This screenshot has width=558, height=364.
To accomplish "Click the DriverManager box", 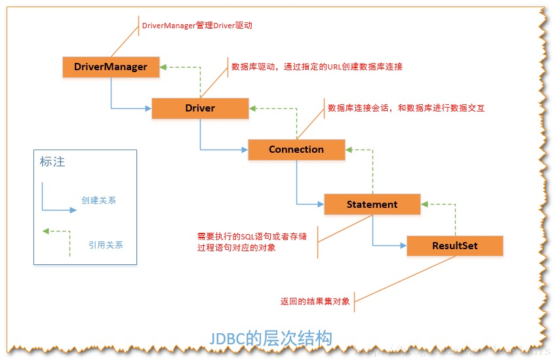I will click(x=111, y=67).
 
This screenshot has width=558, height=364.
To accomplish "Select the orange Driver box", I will click(x=200, y=108).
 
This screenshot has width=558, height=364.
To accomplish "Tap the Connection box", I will click(x=296, y=150).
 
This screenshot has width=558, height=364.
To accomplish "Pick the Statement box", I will click(x=372, y=204).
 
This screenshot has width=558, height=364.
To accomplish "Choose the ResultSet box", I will click(x=454, y=246).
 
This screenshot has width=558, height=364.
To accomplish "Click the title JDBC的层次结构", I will click(x=270, y=338).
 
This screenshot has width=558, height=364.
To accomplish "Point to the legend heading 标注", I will click(x=52, y=161).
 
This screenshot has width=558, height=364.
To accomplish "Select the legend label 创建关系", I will click(x=99, y=200).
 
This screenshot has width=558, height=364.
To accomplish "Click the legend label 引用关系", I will click(x=106, y=245).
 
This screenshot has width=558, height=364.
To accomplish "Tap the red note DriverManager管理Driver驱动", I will click(x=197, y=26).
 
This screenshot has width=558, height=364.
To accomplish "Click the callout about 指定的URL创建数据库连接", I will click(x=317, y=67).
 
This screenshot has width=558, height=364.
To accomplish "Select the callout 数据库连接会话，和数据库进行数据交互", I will click(x=406, y=108).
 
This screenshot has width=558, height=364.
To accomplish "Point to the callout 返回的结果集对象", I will click(x=315, y=302).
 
